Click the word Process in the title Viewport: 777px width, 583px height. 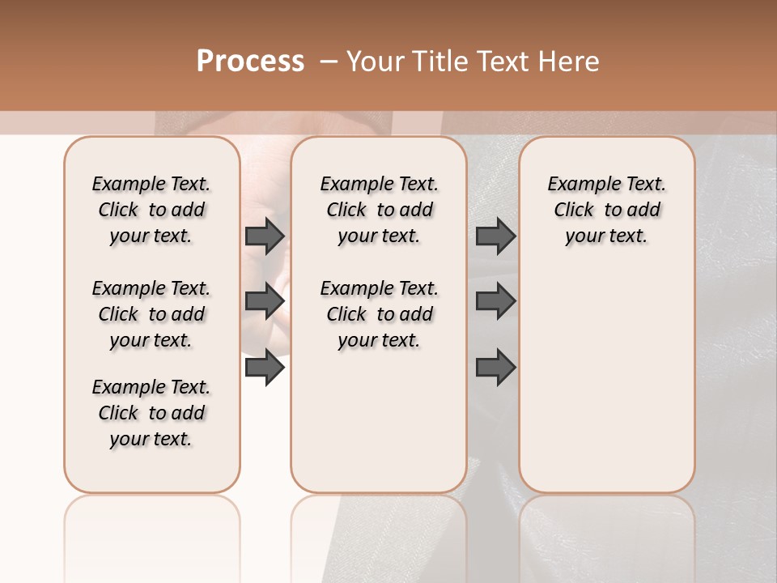click(250, 62)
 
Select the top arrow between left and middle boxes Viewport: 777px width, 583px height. click(265, 236)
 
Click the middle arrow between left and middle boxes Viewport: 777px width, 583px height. click(265, 301)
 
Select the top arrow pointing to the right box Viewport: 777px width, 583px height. click(495, 236)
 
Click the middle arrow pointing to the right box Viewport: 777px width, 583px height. click(495, 301)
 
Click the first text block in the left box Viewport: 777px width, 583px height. click(151, 210)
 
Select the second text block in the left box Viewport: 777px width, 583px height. click(151, 314)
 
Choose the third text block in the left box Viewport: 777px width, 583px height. click(151, 413)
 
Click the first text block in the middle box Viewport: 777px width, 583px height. click(379, 210)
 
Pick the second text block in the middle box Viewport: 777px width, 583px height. click(379, 314)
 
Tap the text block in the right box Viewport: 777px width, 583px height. click(606, 210)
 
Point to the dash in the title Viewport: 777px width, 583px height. click(329, 62)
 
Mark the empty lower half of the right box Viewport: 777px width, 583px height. click(606, 389)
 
